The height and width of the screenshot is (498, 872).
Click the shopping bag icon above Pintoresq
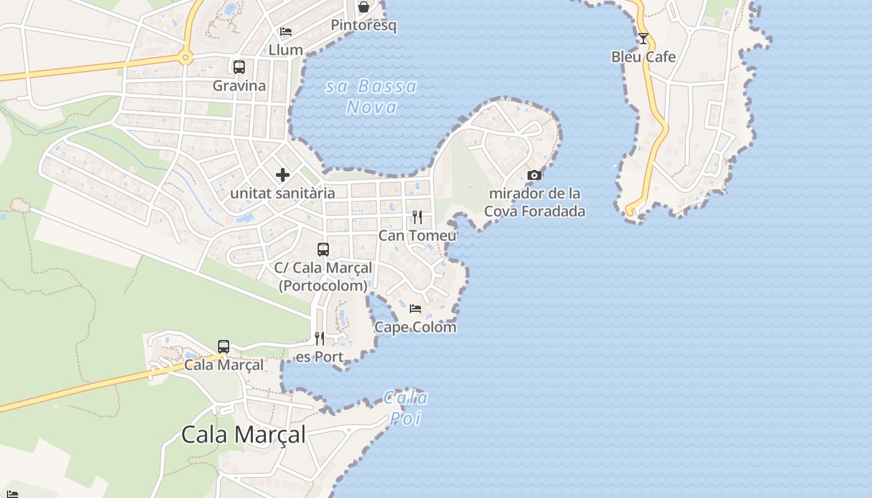tap(363, 7)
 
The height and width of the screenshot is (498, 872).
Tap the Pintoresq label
tap(363, 26)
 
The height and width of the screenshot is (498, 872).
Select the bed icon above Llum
tap(286, 32)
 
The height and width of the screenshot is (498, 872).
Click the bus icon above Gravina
tap(239, 67)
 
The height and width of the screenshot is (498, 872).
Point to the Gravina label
tap(239, 86)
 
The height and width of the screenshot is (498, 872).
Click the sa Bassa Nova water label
tap(371, 96)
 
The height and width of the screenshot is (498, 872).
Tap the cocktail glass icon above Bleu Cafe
tap(643, 39)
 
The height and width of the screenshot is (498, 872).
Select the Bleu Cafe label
tap(643, 57)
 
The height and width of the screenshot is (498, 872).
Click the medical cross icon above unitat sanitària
tap(283, 175)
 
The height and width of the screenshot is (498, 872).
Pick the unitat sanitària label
tap(283, 194)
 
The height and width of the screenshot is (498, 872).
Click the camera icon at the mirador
tap(534, 176)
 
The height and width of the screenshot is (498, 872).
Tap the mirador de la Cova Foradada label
tap(534, 202)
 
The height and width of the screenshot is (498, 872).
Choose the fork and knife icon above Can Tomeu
tap(417, 217)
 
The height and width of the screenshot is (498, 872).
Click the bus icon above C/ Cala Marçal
tap(323, 250)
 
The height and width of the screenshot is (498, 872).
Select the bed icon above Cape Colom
tap(415, 309)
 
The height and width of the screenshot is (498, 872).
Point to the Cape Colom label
tap(415, 327)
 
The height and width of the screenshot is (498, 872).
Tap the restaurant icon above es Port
tap(319, 339)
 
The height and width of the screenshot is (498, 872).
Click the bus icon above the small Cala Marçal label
tap(224, 347)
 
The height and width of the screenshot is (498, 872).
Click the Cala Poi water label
tap(405, 408)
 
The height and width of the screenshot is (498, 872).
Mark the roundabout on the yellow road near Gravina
tap(185, 59)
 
